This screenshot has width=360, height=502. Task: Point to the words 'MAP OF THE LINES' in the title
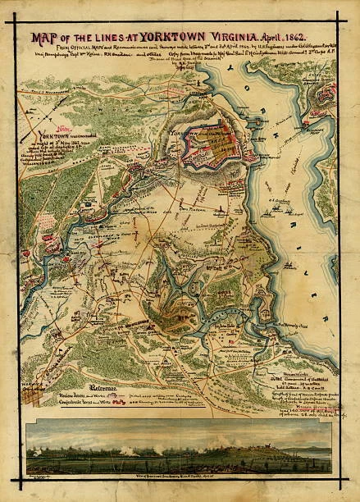click(x=80, y=38)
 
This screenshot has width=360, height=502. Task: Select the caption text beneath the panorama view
click(x=180, y=477)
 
